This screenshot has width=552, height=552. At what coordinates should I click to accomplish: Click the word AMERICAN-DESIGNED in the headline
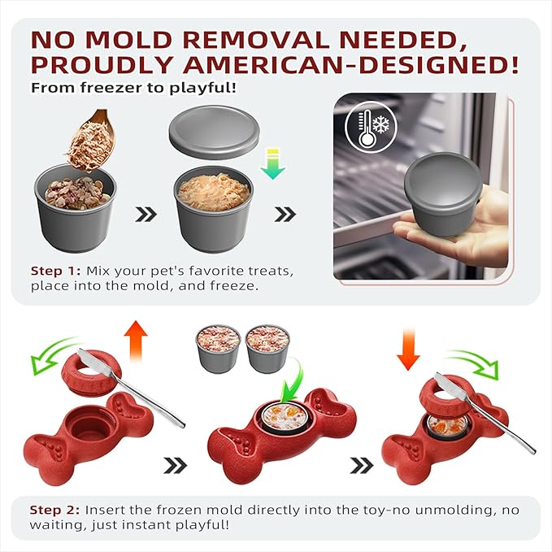click(x=351, y=64)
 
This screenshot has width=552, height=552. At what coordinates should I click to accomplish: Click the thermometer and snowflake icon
click(x=371, y=127)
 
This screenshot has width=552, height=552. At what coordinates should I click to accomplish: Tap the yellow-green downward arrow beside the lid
click(x=273, y=163)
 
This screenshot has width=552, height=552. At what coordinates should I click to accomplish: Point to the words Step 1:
click(x=55, y=271)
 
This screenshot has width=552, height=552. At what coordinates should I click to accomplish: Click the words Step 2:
click(x=54, y=510)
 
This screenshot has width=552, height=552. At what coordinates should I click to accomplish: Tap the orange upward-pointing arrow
click(x=136, y=341)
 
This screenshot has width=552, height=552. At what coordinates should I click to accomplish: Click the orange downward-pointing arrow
click(x=408, y=350)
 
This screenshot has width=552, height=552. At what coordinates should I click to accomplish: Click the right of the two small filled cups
click(x=268, y=349)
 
